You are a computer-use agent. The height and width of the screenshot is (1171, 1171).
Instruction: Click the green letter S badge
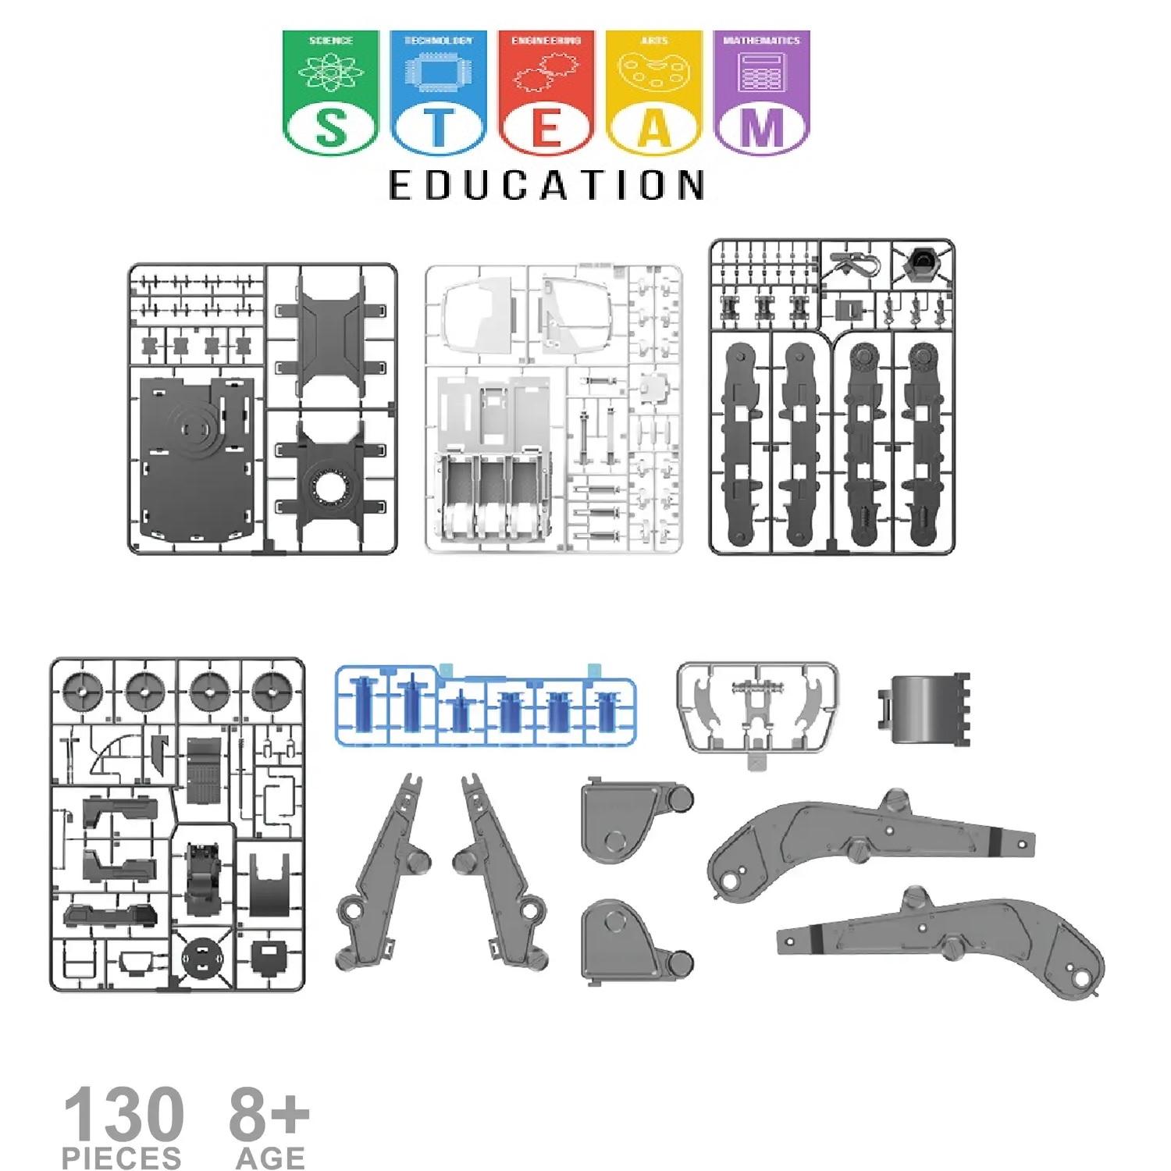tap(330, 127)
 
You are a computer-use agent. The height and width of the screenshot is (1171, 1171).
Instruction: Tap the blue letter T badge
tap(438, 127)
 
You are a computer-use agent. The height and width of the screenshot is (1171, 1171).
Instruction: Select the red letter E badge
tap(546, 127)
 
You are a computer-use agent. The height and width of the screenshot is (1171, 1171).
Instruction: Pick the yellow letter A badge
tap(654, 127)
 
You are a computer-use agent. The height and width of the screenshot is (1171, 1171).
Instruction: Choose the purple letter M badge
tap(762, 127)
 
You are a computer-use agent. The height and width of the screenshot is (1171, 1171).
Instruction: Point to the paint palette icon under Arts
tap(654, 72)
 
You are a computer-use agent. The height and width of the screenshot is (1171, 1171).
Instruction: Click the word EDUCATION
tap(546, 186)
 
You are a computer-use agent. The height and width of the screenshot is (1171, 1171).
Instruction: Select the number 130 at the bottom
tap(123, 1115)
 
